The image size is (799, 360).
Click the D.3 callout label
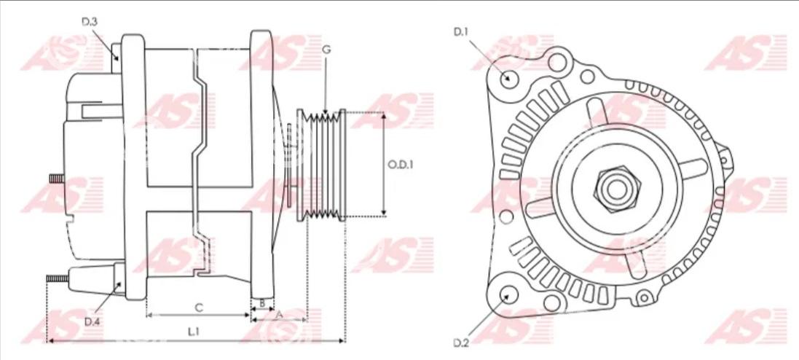click(90, 21)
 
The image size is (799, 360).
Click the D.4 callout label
click(93, 322)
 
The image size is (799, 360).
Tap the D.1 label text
click(460, 31)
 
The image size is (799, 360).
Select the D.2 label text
click(460, 343)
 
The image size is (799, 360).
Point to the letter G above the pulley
click(326, 50)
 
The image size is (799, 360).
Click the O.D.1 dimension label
click(400, 165)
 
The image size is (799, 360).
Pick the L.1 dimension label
click(193, 332)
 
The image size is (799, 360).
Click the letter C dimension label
click(200, 308)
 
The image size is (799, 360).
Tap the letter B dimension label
click(262, 303)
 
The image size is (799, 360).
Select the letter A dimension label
click(279, 315)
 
